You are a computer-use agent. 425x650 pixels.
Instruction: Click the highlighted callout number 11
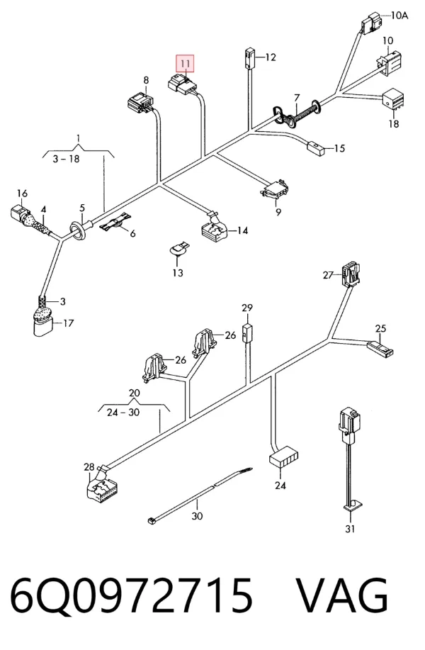coord(185,63)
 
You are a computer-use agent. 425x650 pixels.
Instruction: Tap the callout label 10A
coord(399,16)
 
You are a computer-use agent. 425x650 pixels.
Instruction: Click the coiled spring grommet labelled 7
coord(297,113)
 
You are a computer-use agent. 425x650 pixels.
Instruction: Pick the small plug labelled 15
coord(316,147)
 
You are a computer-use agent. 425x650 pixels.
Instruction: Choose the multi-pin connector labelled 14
coord(214,230)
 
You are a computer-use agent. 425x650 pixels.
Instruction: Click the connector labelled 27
coord(351,274)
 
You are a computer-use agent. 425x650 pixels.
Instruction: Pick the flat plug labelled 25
coord(380,348)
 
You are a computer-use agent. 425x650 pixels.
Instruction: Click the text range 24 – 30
coord(123,413)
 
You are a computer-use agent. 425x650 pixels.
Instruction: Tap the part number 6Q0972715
coord(131,596)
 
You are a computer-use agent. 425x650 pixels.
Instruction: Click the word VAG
coord(343,595)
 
